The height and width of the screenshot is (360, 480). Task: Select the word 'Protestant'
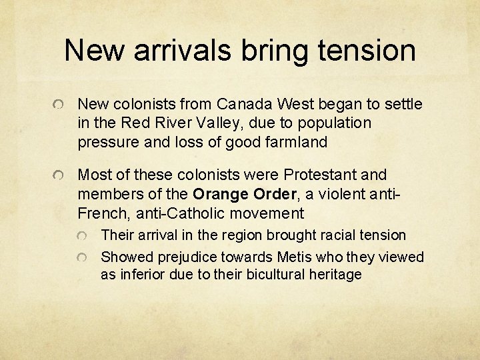[321, 175]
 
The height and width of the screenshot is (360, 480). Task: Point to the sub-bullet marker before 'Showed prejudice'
[82, 259]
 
